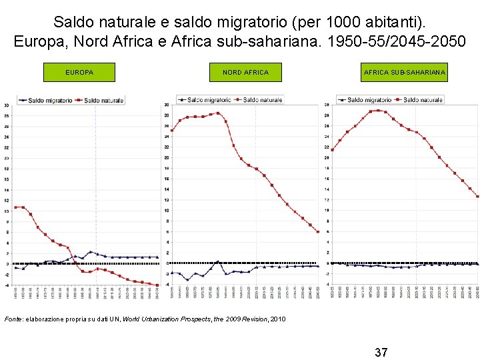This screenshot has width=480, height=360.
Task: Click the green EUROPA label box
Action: (x=79, y=72)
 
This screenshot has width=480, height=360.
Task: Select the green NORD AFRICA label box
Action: (x=245, y=72)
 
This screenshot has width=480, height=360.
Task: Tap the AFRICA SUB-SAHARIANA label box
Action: (x=405, y=72)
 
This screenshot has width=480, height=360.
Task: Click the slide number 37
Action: (x=381, y=351)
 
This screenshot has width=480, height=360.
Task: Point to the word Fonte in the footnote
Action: (x=14, y=319)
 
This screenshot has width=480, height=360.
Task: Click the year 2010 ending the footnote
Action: (x=278, y=319)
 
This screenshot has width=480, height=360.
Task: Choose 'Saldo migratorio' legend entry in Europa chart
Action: (x=46, y=101)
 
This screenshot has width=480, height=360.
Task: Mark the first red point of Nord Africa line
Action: (x=172, y=131)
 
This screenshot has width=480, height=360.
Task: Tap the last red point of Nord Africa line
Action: (x=318, y=232)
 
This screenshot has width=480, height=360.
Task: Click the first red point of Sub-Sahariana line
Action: (x=332, y=150)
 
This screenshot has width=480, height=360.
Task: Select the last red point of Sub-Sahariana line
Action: (x=477, y=197)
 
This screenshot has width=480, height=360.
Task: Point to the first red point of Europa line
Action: (x=15, y=207)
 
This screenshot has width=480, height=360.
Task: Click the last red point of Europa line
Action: (x=157, y=285)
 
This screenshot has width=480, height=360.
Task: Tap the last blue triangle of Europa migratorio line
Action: (x=157, y=257)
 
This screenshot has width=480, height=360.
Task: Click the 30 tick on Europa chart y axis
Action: (x=7, y=105)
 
